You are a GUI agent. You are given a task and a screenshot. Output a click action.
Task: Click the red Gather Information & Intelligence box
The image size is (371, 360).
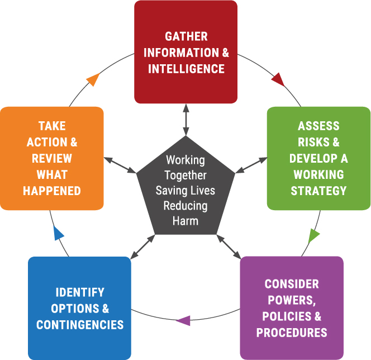[186, 53]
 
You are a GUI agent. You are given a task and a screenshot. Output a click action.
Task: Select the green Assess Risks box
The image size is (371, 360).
[318, 158]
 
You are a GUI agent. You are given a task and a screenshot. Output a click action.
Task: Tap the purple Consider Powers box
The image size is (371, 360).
[292, 308]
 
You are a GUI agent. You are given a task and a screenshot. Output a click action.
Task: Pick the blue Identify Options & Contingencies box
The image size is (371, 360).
[79, 308]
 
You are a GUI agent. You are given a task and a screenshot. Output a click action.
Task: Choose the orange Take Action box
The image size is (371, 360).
[52, 158]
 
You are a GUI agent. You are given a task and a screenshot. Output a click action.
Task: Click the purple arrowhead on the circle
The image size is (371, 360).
[183, 321]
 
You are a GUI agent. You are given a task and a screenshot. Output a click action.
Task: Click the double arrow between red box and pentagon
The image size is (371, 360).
[185, 120]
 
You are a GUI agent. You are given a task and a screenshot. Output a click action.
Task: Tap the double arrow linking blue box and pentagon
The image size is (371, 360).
[142, 247]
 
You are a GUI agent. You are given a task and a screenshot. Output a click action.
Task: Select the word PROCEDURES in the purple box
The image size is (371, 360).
[292, 333]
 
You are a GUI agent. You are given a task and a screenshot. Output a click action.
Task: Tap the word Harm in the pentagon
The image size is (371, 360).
[185, 220]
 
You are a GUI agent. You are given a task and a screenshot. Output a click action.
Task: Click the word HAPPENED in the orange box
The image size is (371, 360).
[52, 191]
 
